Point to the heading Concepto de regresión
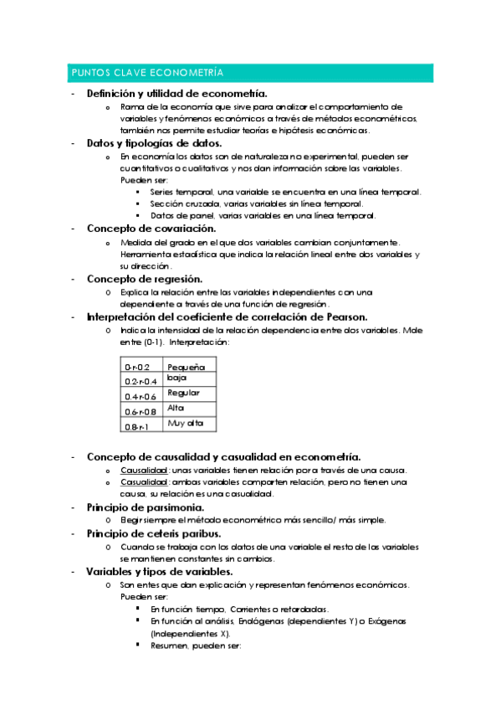[144, 278]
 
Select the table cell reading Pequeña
[186, 368]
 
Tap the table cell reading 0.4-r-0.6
[140, 396]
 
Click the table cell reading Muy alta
[185, 423]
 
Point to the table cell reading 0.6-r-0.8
[140, 411]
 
